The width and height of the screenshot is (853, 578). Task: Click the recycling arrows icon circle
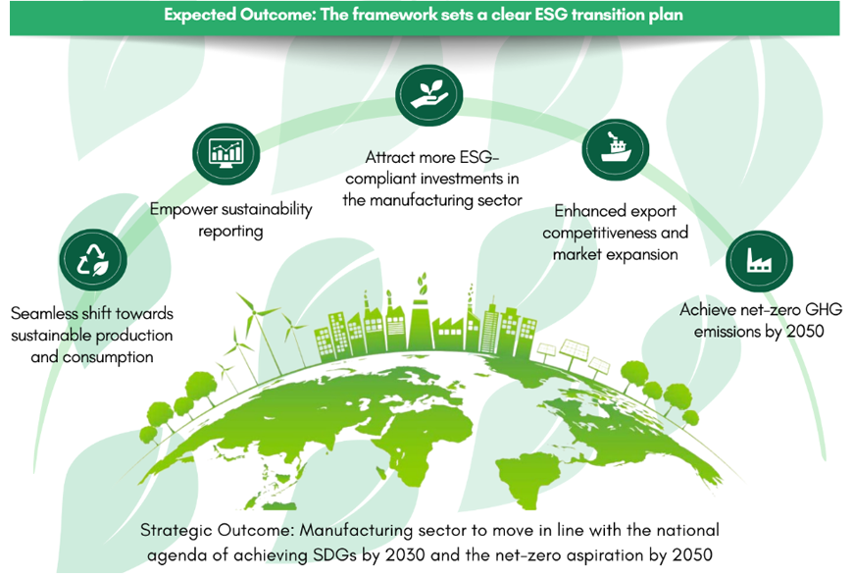[93, 260]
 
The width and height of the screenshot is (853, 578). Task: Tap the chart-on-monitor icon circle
[226, 153]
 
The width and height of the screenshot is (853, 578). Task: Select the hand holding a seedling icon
[429, 95]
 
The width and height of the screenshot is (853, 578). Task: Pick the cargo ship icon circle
[616, 149]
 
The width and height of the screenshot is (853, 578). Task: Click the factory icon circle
[760, 261]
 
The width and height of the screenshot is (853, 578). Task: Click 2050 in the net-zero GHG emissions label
[805, 331]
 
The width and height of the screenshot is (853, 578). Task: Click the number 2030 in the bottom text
[405, 555]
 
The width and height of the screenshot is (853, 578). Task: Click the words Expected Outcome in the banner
[240, 15]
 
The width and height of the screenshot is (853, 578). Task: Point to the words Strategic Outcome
[218, 530]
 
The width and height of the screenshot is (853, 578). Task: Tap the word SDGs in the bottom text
[335, 555]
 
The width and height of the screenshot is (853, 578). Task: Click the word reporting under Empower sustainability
[230, 232]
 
